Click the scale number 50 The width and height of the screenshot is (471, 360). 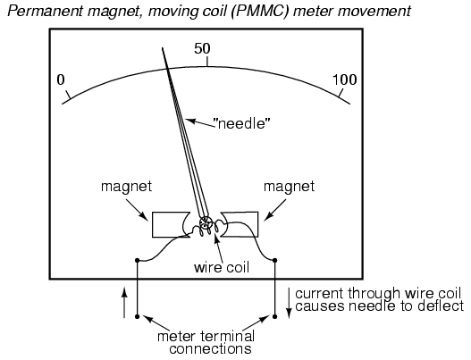202,48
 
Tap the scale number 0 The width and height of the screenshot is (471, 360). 61,80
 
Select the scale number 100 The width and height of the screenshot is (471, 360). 345,80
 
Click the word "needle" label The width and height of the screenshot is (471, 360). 242,123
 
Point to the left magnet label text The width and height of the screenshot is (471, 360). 126,187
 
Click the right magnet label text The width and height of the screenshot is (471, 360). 289,187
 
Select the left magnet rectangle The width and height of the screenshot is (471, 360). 171,224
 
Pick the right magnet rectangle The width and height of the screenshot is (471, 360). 240,224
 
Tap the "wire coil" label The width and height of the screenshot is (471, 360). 222,267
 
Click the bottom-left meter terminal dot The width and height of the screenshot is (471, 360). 138,316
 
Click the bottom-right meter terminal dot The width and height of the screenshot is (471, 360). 274,316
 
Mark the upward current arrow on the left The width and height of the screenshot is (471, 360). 124,302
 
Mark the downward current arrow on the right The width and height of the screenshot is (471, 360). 289,303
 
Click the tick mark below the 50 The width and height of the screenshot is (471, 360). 207,62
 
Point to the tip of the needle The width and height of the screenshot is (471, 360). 163,47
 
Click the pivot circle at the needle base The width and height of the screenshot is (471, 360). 206,223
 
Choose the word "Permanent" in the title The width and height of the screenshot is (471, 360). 45,12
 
